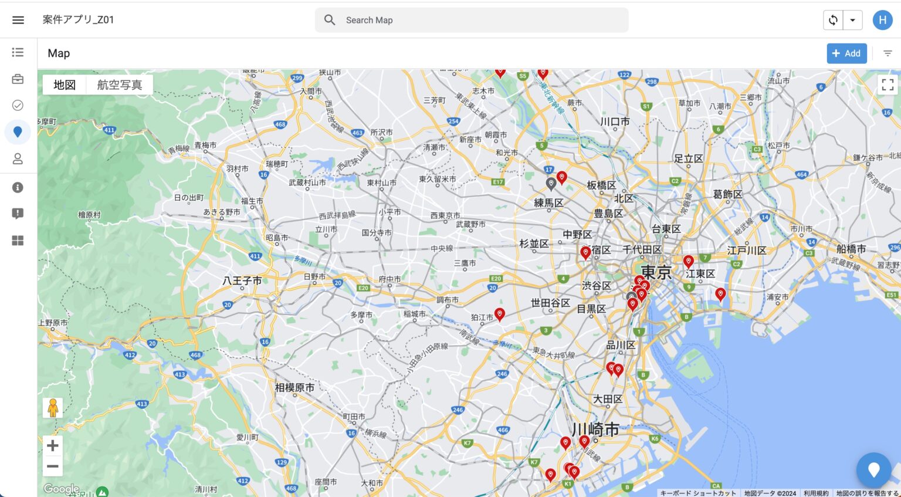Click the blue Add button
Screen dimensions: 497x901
(x=846, y=53)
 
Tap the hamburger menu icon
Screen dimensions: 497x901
(x=18, y=20)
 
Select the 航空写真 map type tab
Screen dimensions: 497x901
(x=120, y=85)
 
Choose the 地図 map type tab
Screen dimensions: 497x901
(x=65, y=85)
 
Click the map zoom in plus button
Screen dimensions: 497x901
(x=53, y=445)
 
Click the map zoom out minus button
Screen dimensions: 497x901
(x=53, y=466)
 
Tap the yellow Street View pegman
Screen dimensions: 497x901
(x=53, y=408)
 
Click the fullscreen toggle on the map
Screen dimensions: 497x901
(x=888, y=85)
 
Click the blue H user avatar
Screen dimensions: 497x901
(x=882, y=20)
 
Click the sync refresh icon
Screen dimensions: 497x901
(x=833, y=20)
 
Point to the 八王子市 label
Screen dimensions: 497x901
(x=242, y=281)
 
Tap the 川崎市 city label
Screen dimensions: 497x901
(x=595, y=430)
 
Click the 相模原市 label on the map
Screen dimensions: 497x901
(x=294, y=387)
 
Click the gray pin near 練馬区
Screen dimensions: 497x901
(x=551, y=184)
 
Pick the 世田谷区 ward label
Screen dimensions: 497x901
(x=550, y=303)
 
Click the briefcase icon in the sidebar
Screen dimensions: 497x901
(x=18, y=79)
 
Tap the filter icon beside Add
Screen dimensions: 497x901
(x=888, y=53)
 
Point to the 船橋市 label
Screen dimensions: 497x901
(x=851, y=249)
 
